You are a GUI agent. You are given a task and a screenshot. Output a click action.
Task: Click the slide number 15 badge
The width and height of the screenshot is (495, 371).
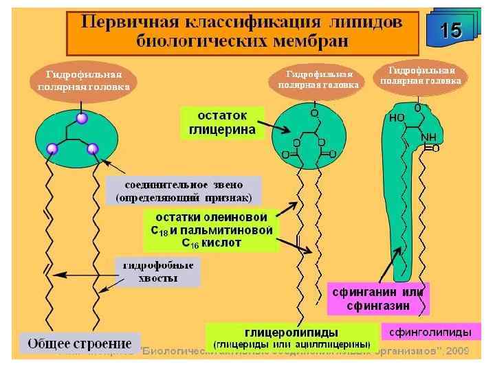pos(451,30)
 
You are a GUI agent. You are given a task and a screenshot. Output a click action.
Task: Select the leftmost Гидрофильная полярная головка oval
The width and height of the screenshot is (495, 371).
pos(84,81)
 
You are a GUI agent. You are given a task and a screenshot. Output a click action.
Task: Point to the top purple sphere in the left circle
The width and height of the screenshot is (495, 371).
pos(82,119)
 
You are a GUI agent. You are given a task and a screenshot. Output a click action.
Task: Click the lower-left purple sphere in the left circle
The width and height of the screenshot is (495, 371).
pos(52,148)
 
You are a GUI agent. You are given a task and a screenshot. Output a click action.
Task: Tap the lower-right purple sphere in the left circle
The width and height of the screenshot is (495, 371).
pos(93,148)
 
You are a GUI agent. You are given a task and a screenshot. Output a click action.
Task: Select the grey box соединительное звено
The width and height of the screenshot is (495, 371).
pos(184,190)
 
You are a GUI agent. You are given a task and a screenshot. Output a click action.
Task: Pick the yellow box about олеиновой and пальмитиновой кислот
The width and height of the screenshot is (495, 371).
pos(212,229)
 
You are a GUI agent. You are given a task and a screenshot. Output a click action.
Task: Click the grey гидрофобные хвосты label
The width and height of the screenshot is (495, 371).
pos(157,272)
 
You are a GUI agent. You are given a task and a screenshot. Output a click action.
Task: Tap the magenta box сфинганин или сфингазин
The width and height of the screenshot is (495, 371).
pos(377,299)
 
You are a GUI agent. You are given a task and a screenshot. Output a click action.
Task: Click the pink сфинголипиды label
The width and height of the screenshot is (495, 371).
pos(430,333)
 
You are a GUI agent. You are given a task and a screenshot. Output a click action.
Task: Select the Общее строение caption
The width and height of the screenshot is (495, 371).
pos(80,343)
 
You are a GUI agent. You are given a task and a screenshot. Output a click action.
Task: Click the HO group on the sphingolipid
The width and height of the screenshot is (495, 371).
pos(397,117)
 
